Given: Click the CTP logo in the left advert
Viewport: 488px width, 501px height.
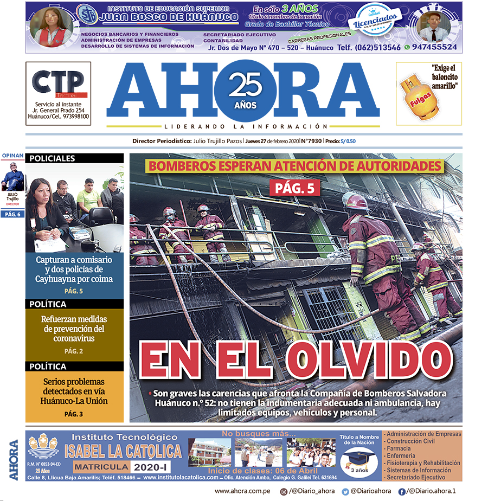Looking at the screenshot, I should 58,84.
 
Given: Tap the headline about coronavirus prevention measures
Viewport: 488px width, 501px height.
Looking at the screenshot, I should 74,329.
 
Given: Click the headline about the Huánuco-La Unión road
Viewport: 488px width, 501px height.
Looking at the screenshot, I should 74,391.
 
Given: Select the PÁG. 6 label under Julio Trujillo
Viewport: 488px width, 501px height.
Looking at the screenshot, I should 12,215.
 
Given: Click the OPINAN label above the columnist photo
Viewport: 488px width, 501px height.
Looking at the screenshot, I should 12,156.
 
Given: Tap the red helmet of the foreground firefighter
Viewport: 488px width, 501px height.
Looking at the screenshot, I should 355,201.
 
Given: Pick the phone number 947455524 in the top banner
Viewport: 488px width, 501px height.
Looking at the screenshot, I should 433,48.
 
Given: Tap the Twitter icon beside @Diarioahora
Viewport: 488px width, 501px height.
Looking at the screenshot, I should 345,491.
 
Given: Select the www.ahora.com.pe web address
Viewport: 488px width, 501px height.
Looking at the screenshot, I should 242,491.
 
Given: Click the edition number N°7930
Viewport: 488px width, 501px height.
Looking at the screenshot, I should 311,142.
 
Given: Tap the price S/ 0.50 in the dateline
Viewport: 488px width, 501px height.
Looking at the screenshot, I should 348,142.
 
